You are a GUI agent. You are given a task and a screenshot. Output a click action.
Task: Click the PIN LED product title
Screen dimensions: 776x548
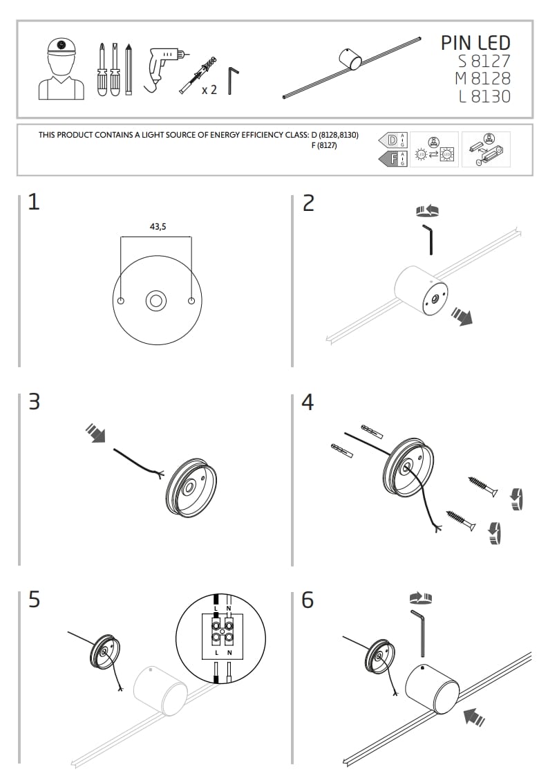pos(475,43)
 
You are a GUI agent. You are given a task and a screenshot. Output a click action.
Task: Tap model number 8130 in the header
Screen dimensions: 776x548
pos(491,96)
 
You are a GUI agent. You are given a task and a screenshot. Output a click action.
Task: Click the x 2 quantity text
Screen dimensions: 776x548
pos(209,89)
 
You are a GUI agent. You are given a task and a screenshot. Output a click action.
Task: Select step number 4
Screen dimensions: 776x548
pos(308,401)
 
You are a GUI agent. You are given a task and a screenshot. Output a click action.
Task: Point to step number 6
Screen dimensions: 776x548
pos(308,599)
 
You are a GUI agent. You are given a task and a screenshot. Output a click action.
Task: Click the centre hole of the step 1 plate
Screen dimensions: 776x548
pos(155,301)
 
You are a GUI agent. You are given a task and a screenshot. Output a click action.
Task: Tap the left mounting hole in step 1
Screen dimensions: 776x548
pos(121,301)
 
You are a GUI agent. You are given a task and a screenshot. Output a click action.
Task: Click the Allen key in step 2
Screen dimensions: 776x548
pos(428,238)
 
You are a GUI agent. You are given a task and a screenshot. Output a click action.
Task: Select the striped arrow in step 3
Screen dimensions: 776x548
pos(95,433)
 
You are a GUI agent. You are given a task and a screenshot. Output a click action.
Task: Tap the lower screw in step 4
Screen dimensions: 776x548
pos(461,520)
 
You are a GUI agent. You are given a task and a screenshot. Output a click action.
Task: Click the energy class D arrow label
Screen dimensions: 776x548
pos(391,140)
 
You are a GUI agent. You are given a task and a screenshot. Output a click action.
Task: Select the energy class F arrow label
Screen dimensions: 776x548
pos(391,160)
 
